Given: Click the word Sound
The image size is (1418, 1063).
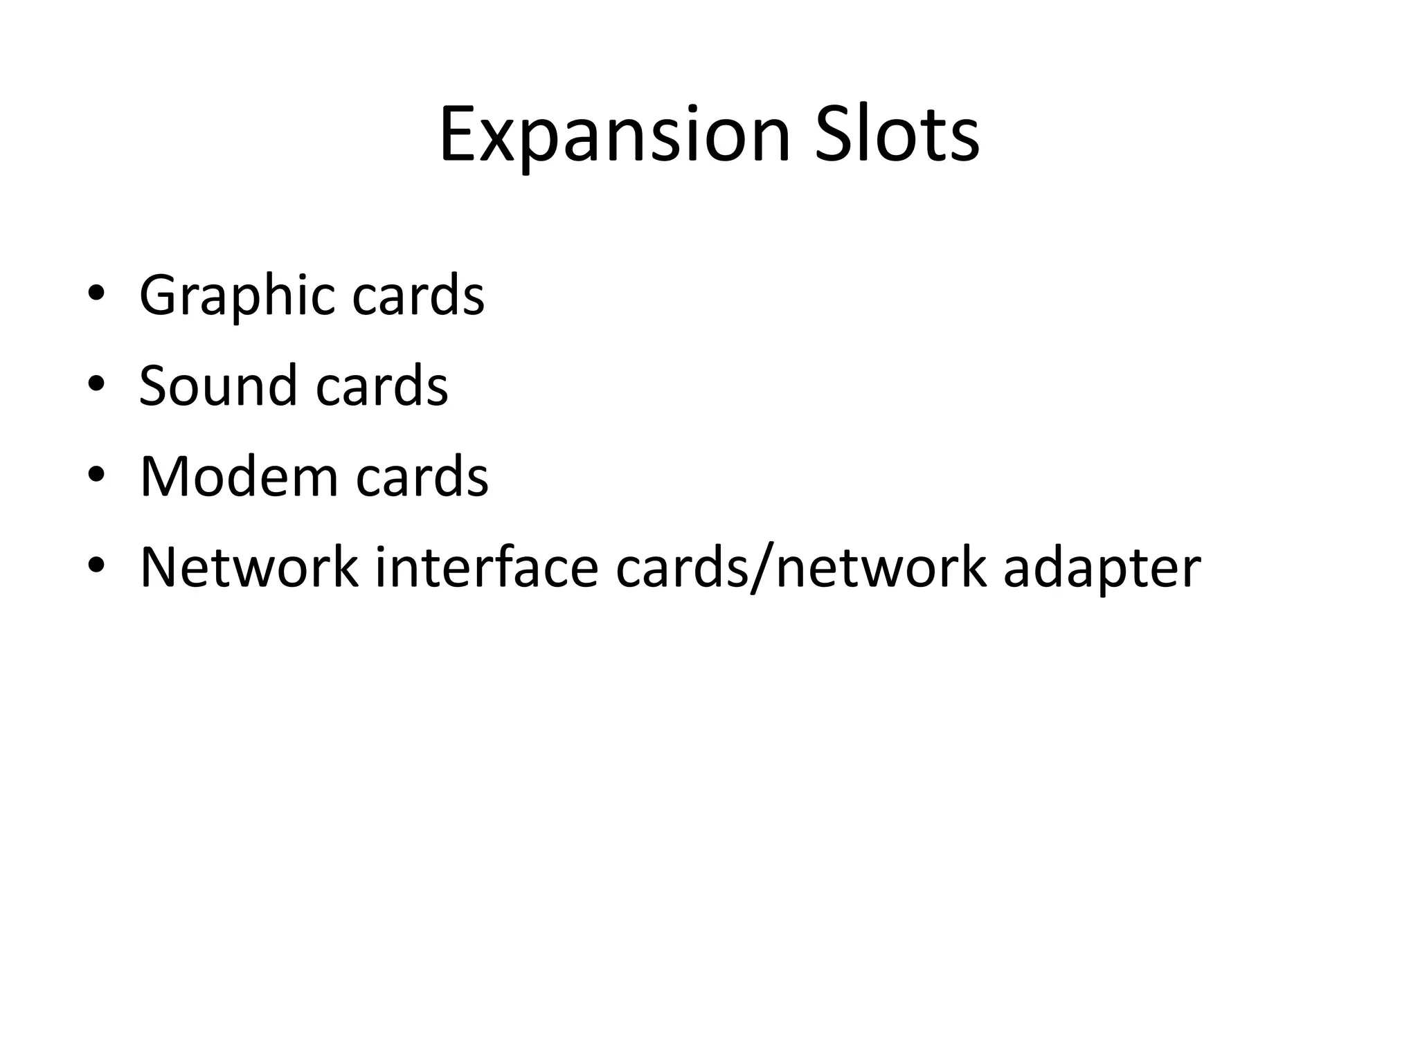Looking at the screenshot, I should pyautogui.click(x=217, y=385).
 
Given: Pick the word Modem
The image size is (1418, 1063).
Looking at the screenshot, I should pyautogui.click(x=238, y=477).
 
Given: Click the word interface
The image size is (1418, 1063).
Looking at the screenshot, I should pyautogui.click(x=486, y=567).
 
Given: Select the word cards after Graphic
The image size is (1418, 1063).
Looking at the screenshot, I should pyautogui.click(x=418, y=296).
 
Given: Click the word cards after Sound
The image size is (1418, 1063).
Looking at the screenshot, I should pyautogui.click(x=382, y=385).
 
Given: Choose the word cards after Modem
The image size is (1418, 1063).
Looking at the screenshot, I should pyautogui.click(x=422, y=477).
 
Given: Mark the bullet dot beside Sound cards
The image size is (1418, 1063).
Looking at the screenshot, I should pyautogui.click(x=96, y=383).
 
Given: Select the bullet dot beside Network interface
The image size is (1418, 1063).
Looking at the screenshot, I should pyautogui.click(x=96, y=565).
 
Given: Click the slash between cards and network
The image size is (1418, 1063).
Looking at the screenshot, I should pyautogui.click(x=762, y=567).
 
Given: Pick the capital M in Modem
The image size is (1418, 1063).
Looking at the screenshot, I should pyautogui.click(x=164, y=477).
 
